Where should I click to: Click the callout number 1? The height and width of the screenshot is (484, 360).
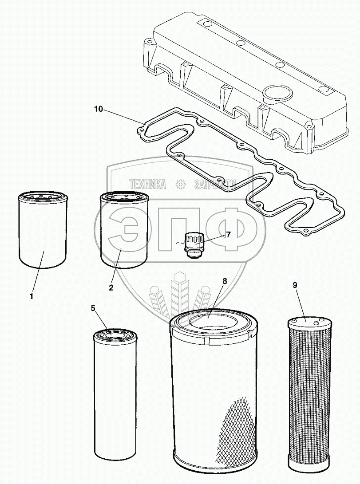[x=32, y=296]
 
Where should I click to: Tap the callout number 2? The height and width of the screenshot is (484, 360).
[x=111, y=287]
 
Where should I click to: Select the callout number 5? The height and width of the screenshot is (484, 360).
[x=93, y=309]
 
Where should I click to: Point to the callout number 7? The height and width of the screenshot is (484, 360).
[x=228, y=235]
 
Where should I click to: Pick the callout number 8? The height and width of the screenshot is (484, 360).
[x=225, y=281]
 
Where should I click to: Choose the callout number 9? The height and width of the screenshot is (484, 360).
[x=294, y=285]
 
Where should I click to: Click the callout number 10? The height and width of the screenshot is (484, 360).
[x=98, y=108]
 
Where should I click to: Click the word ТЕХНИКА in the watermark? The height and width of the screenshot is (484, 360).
[x=148, y=184]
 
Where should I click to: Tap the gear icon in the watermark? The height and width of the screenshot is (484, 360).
[x=180, y=184]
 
